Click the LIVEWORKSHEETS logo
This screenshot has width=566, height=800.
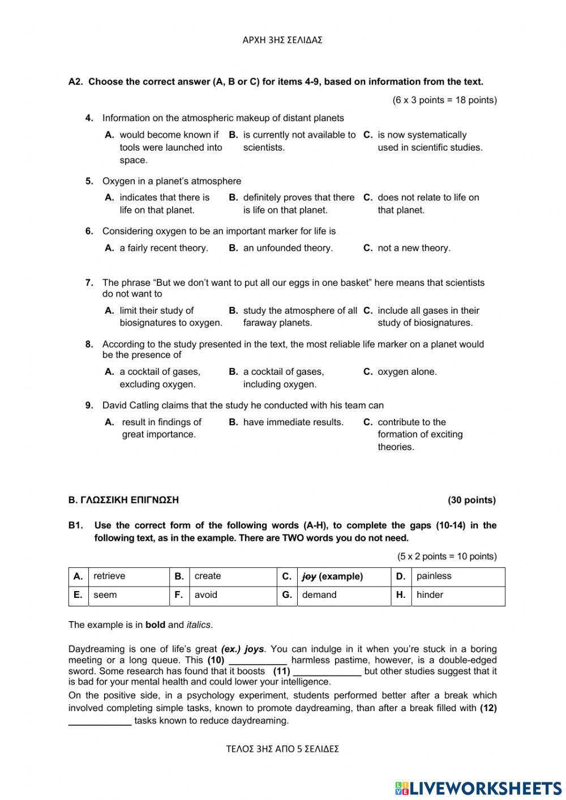(478, 788)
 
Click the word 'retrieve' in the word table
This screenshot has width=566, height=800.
(109, 576)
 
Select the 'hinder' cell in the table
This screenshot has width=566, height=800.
(430, 595)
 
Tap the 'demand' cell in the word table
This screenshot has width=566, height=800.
(319, 595)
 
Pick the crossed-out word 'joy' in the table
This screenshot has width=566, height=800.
(309, 576)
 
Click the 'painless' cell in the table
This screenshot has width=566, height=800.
(434, 576)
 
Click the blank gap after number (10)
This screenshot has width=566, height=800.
(258, 661)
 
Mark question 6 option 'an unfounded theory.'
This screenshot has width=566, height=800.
(288, 248)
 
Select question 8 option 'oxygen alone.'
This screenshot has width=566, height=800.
(407, 372)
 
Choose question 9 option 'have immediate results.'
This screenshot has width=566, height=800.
(293, 422)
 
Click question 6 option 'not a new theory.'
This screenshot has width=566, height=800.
(414, 248)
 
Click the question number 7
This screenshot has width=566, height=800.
(89, 283)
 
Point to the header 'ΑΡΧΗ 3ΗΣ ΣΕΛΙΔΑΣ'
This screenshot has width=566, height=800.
(282, 40)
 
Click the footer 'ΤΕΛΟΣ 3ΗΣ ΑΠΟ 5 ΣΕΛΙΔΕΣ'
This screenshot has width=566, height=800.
(282, 749)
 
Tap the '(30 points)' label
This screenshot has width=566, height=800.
(471, 500)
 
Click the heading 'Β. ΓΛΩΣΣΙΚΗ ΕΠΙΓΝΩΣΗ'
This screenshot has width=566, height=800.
(123, 500)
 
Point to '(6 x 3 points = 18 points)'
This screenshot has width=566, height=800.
(444, 100)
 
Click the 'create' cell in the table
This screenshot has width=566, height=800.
(207, 576)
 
